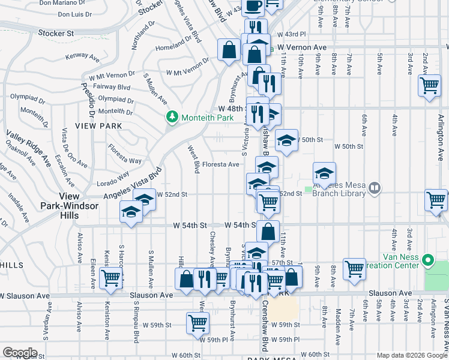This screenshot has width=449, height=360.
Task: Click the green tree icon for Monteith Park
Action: tap(172, 116)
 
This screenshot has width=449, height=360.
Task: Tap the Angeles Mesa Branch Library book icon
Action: tap(375, 188)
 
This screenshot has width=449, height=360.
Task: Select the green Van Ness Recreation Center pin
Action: tap(428, 261)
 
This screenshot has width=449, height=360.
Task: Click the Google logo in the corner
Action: tap(20, 352)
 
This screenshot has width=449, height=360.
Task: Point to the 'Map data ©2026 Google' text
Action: tap(412, 355)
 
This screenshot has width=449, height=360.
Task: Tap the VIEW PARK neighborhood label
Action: tap(98, 126)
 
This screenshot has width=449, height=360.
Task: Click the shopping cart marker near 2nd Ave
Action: tap(429, 85)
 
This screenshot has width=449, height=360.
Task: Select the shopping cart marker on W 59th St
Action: tap(197, 323)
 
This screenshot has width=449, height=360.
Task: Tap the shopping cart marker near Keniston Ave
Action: tap(110, 278)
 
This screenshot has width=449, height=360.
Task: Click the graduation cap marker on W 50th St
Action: tap(287, 141)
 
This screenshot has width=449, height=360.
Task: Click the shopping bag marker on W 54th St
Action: tap(268, 230)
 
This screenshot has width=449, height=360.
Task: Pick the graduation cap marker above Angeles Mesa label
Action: tap(324, 173)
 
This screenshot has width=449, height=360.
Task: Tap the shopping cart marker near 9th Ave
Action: tap(354, 268)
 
